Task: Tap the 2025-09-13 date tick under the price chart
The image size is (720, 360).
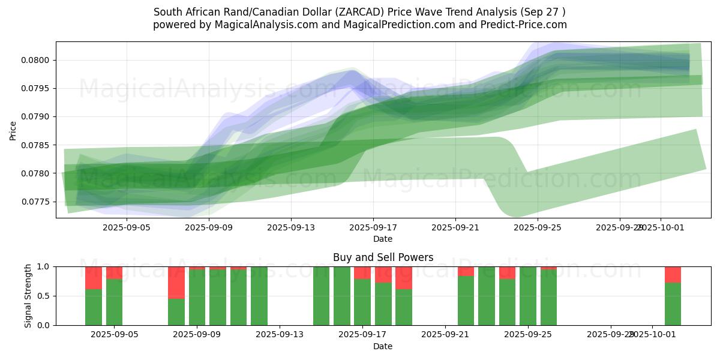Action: [291, 227]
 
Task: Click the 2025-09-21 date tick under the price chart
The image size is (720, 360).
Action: [455, 227]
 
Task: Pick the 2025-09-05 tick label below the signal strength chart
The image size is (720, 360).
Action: [115, 335]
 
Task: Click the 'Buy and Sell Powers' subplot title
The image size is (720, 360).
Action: [383, 257]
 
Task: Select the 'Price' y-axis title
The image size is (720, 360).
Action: [13, 130]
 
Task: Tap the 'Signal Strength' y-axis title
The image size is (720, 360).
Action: [28, 296]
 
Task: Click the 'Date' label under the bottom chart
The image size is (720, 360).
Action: [383, 346]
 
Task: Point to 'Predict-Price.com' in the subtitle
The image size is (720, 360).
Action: [526, 25]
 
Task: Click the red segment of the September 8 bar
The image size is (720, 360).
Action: [176, 282]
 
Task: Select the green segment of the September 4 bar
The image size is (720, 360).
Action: [94, 307]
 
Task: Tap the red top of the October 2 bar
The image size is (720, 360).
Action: [673, 274]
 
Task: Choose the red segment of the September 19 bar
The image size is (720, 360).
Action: [404, 277]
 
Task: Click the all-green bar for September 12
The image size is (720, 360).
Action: [259, 296]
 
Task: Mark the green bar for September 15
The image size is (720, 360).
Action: [321, 296]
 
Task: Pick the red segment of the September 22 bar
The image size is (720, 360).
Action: [466, 271]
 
